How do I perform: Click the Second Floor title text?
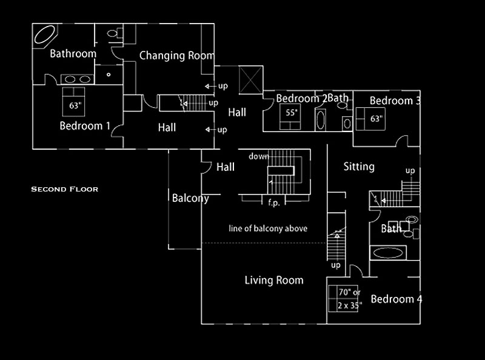(x=65, y=189)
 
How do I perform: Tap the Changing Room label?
(x=176, y=56)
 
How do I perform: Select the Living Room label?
(x=274, y=280)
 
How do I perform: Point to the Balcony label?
(x=190, y=198)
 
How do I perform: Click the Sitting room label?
(x=359, y=167)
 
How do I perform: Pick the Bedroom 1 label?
(x=85, y=126)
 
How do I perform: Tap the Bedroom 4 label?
(x=396, y=299)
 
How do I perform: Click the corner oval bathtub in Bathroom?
(x=45, y=35)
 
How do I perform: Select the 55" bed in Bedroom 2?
(x=290, y=116)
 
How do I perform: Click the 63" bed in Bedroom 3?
(x=370, y=119)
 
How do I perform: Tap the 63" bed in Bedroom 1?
(x=73, y=102)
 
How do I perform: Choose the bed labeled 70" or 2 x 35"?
(x=343, y=298)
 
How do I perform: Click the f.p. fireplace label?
(x=274, y=203)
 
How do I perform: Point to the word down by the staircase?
(x=259, y=156)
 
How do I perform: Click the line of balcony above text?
(x=268, y=228)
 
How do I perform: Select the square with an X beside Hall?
(x=251, y=80)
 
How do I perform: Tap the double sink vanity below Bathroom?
(x=78, y=79)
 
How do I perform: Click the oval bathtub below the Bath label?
(x=388, y=253)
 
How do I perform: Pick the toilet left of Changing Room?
(x=115, y=33)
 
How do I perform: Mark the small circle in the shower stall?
(x=109, y=75)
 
